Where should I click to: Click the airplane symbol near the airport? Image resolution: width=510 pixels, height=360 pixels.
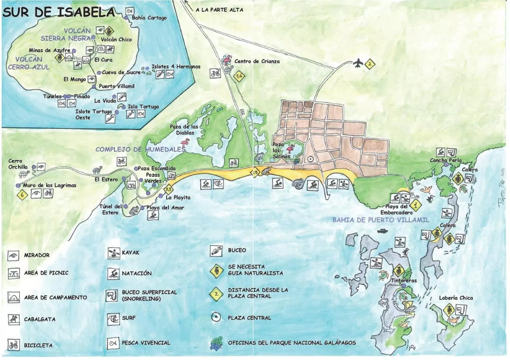tap(359, 63)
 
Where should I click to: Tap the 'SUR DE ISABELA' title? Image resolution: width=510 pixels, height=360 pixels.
tap(59, 12)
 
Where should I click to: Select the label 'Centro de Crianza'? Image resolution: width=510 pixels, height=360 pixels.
tap(257, 61)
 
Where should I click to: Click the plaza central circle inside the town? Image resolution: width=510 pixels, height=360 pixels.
tap(310, 159)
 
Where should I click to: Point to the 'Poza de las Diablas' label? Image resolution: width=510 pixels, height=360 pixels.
tap(184, 130)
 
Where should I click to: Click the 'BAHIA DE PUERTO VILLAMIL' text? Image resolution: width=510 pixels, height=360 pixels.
tap(381, 220)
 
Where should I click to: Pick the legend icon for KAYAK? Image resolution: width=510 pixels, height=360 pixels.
tap(113, 253)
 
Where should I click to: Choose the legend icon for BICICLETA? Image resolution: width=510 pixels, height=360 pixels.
tap(13, 345)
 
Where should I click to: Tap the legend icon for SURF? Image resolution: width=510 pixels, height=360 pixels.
tap(113, 319)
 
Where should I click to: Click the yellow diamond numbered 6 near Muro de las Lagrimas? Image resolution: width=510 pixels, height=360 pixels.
tap(22, 195)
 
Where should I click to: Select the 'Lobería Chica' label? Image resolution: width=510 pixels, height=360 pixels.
tap(456, 298)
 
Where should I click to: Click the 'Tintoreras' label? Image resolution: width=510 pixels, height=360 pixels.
tap(404, 280)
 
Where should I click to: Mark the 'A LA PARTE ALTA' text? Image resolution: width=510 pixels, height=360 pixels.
tap(219, 10)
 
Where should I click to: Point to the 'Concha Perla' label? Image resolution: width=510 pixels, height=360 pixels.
tap(445, 160)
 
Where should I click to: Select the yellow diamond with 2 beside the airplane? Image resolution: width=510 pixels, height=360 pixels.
tap(370, 64)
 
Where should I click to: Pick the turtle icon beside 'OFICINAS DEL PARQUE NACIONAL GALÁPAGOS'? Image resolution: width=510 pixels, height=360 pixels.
tap(217, 343)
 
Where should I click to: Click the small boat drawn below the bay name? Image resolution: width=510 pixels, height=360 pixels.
tap(382, 231)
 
